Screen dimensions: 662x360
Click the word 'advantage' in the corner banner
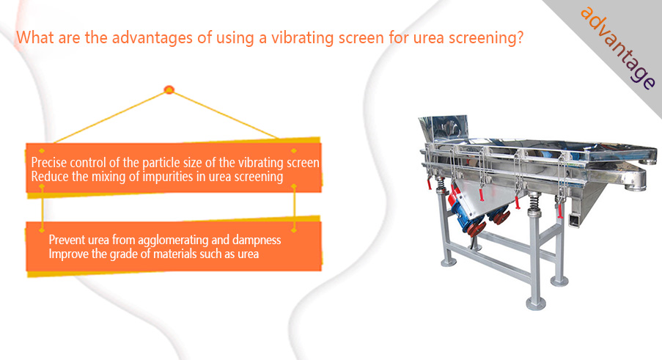[618, 48]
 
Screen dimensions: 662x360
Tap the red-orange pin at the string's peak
[169, 89]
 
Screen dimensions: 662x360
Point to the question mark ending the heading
[520, 37]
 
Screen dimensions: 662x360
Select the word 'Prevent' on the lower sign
[67, 240]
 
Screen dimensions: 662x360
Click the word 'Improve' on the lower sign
[68, 254]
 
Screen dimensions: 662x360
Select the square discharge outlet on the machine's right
[574, 220]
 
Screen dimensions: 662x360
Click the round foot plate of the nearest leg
[536, 303]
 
